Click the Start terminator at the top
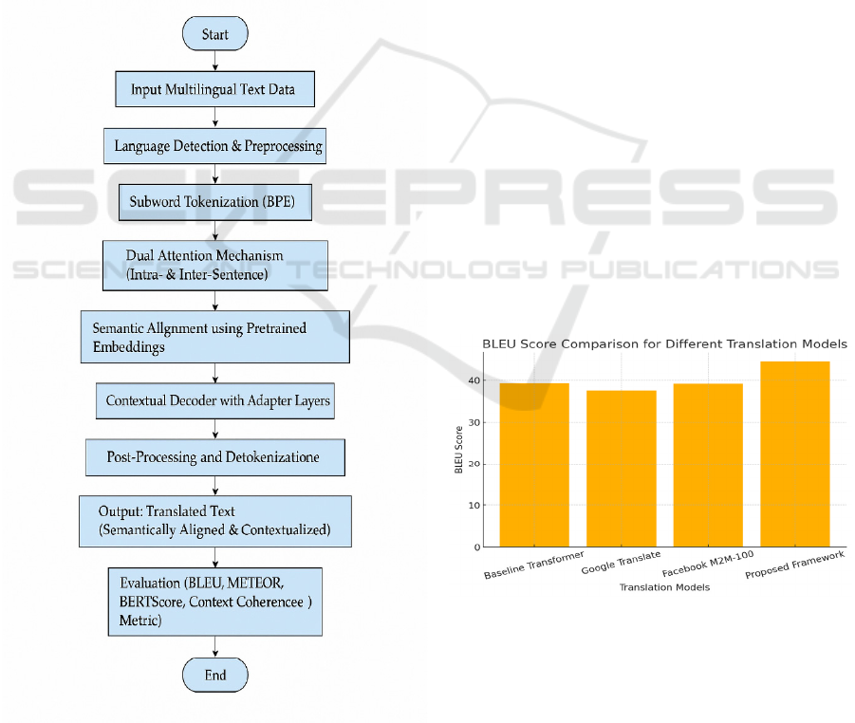click(215, 34)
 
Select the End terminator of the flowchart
click(215, 675)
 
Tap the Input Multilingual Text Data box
click(214, 90)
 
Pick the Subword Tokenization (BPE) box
click(214, 202)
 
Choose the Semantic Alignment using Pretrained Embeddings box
click(214, 336)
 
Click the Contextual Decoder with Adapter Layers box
click(215, 400)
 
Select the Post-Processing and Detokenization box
click(214, 457)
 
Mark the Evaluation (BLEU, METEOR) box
click(215, 602)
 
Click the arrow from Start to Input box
click(215, 61)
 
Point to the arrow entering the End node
click(215, 647)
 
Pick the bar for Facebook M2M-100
click(707, 465)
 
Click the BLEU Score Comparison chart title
click(664, 343)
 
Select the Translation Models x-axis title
click(664, 587)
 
